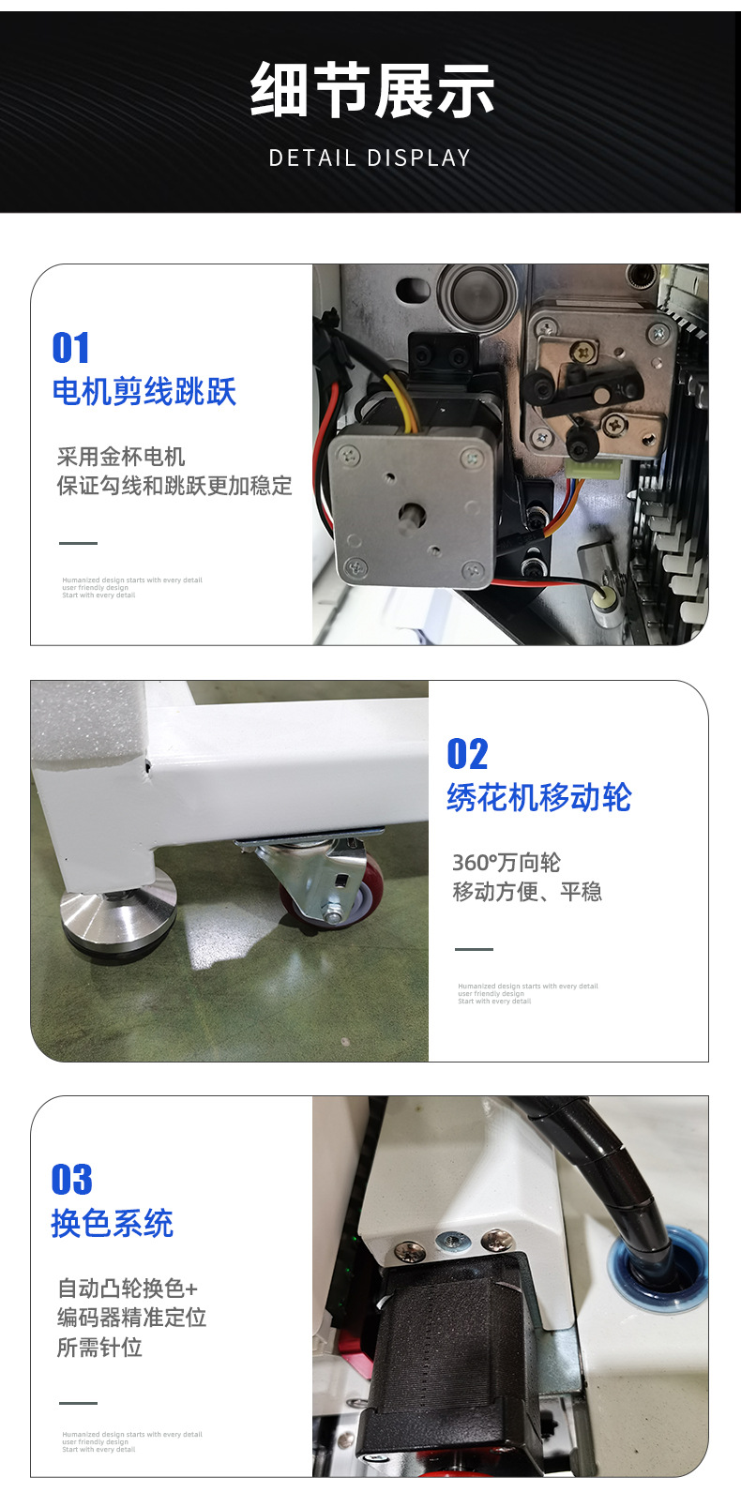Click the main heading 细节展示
coord(371,92)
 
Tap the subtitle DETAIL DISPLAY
coord(370,158)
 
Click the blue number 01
coord(71,348)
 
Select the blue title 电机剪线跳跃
coord(144,392)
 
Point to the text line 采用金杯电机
coord(121,457)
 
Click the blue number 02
coord(467,754)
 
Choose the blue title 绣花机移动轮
coord(539,798)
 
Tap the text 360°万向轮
coord(507,863)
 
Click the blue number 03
coord(72,1180)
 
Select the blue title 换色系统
coord(113,1224)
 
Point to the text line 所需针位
coord(99,1348)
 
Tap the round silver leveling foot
coord(118,904)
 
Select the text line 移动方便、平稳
coord(527,892)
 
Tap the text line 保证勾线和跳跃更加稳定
coord(174,486)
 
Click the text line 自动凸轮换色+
coord(128,1289)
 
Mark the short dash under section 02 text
coord(474,949)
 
